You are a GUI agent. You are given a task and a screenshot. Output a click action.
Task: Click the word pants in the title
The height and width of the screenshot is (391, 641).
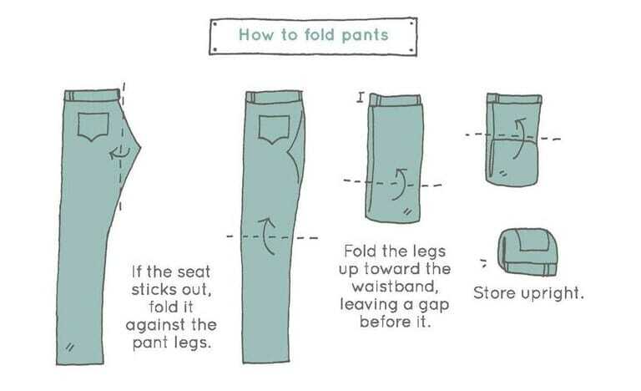[x=365, y=36]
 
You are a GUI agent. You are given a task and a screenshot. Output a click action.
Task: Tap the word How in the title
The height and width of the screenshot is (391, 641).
[x=256, y=34]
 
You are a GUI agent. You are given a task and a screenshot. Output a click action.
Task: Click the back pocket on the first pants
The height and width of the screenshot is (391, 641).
[x=93, y=126]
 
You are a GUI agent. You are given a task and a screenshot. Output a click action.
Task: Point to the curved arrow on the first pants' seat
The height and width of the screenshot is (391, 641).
[x=120, y=153]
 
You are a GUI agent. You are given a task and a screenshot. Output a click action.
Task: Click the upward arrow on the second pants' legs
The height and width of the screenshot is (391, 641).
[x=266, y=236]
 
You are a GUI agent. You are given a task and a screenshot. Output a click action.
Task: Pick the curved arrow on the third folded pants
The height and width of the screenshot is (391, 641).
[x=400, y=184]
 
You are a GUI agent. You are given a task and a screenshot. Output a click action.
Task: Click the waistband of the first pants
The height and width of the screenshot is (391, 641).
[x=93, y=95]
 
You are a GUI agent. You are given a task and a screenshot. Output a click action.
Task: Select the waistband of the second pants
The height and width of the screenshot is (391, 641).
[x=274, y=97]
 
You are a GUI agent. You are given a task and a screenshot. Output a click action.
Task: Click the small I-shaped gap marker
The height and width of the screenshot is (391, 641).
[x=361, y=98]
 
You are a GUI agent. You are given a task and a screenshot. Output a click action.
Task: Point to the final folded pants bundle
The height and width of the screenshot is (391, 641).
[x=527, y=252]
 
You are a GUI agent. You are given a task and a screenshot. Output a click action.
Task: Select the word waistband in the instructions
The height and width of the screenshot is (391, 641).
[x=395, y=287]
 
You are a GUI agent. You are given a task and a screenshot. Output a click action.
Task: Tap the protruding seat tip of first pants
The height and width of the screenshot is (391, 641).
[x=140, y=146]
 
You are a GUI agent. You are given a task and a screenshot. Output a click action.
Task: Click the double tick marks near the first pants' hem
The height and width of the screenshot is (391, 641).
[x=70, y=348]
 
